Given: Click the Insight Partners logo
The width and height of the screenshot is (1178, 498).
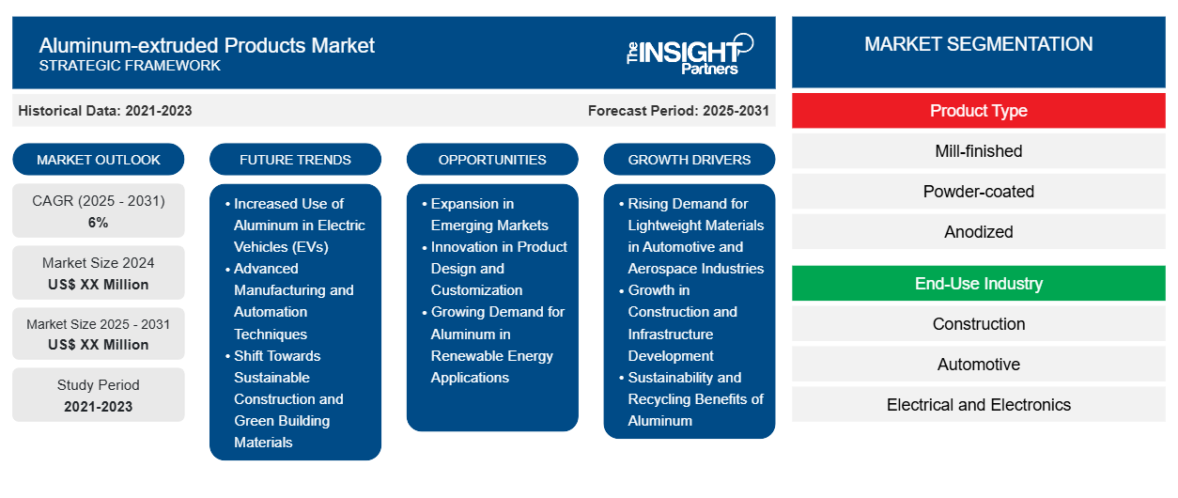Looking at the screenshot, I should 690,53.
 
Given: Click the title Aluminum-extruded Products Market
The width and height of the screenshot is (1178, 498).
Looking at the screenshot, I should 207,45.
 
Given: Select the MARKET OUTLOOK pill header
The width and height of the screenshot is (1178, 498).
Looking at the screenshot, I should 99,160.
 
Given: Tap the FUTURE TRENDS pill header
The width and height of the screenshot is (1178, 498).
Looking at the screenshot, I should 295,160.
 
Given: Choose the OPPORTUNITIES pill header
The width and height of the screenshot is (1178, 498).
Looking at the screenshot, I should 492,160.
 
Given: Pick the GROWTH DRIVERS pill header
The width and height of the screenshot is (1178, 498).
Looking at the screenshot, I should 690,160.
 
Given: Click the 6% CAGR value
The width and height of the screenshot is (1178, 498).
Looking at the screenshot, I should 99,223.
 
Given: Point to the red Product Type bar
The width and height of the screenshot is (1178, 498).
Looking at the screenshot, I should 978,111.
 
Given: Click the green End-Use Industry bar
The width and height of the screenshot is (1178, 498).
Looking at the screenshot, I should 978,284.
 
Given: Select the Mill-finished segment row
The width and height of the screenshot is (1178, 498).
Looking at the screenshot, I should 978,151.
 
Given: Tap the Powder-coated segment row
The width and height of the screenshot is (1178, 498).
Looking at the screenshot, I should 978,192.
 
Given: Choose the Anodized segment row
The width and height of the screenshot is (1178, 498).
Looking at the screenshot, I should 978,232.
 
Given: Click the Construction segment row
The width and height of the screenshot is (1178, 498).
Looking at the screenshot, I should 978,324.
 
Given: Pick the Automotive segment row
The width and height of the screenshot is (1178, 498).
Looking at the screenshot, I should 978,365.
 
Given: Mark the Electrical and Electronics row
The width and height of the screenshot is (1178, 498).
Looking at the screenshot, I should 978,405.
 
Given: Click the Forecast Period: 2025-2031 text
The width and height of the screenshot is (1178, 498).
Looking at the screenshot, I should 678,111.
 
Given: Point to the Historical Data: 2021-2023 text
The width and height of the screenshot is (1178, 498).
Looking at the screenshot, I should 105,111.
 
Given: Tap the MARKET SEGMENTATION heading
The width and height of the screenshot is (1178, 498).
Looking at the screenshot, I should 978,44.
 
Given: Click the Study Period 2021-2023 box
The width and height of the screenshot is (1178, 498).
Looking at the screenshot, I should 99,396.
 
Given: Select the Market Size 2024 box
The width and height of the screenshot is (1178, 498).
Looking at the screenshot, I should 99,273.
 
